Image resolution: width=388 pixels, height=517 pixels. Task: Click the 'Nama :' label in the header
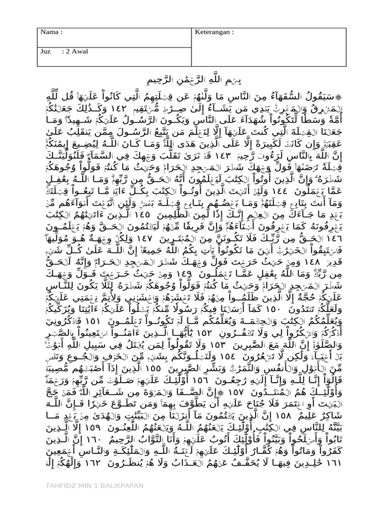(51, 32)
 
